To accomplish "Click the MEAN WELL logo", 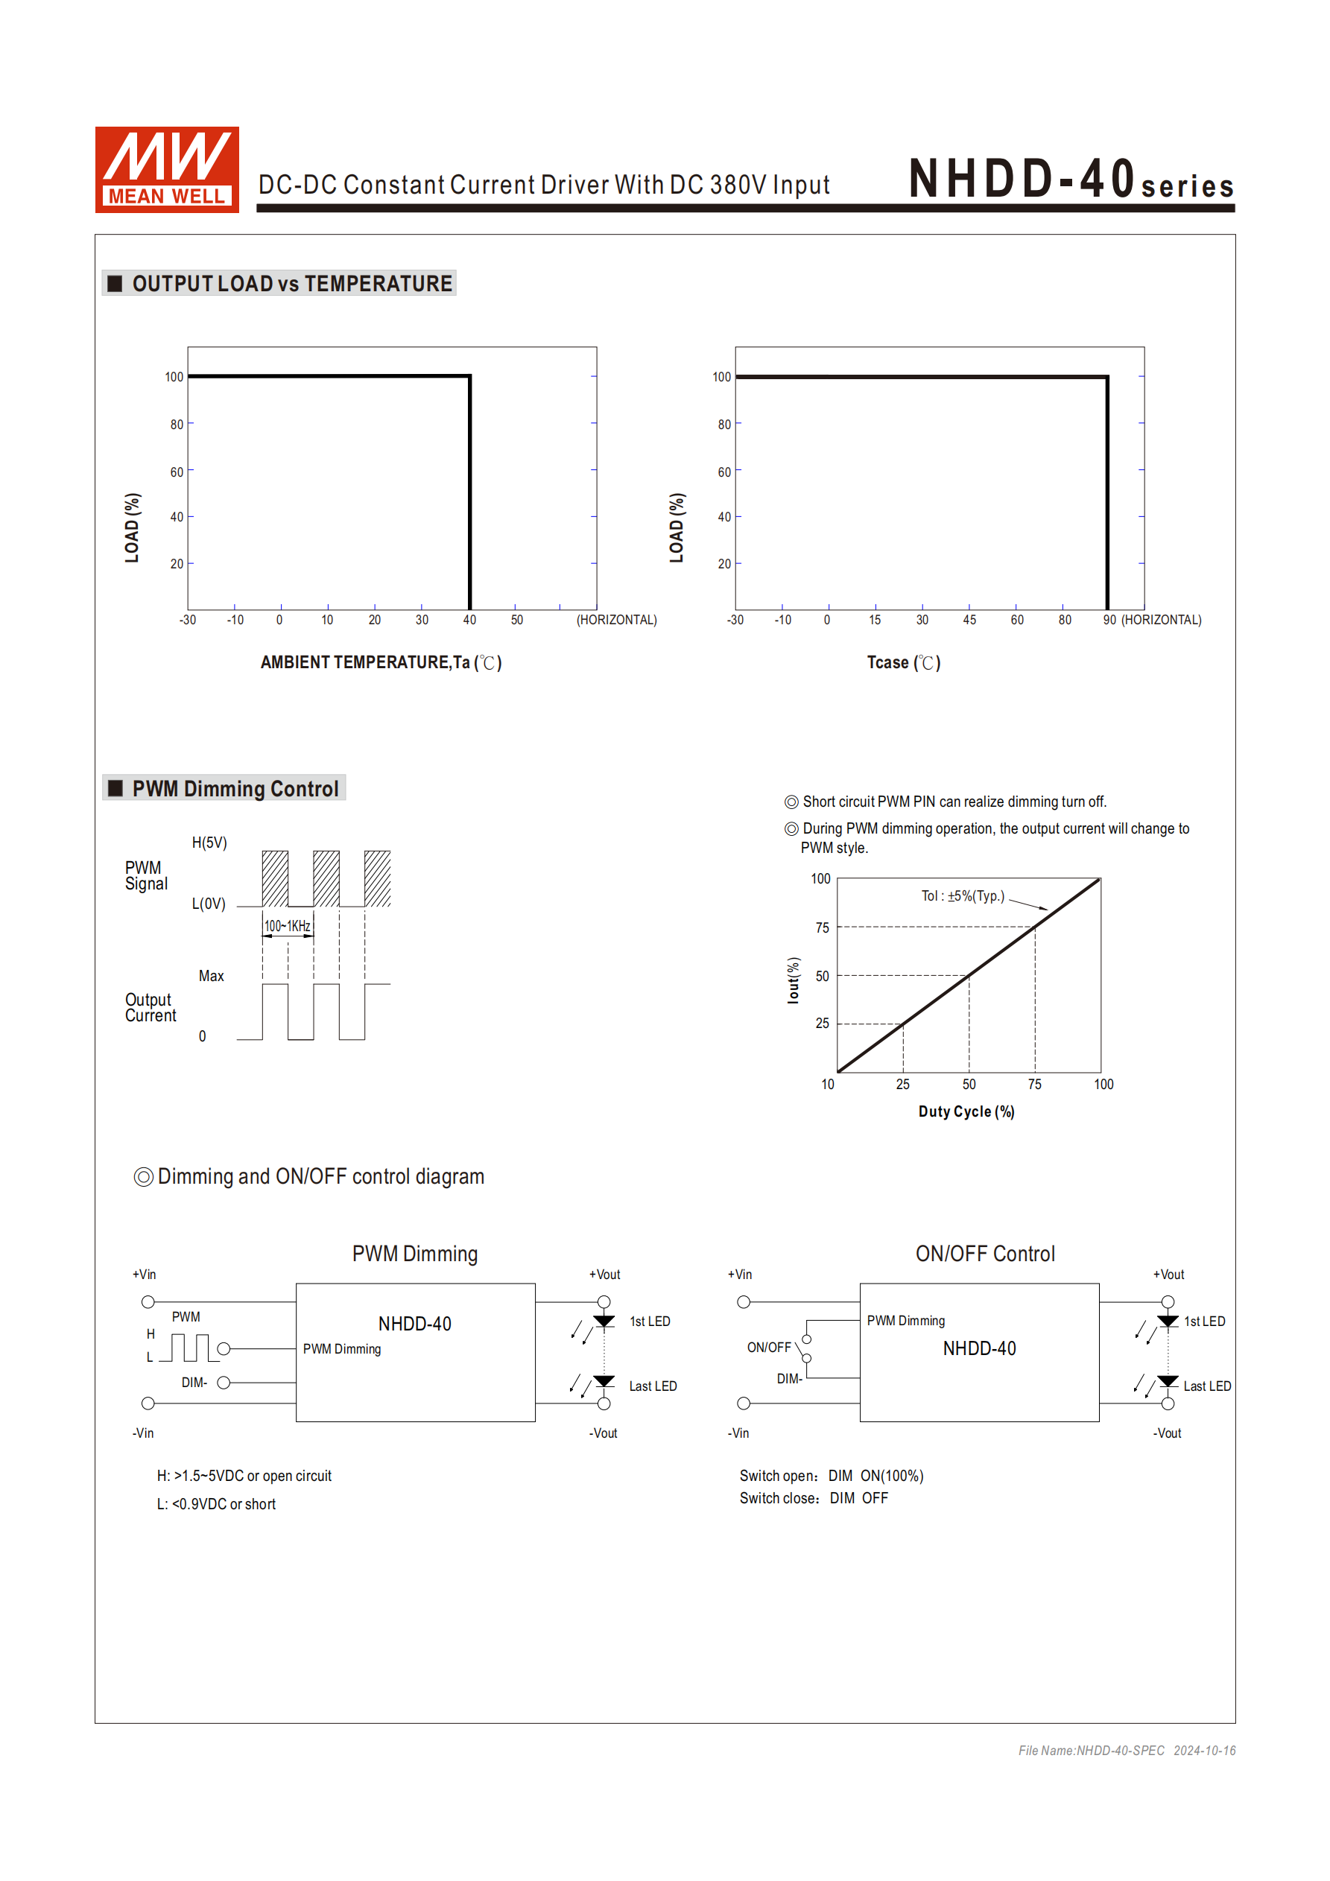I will point(166,170).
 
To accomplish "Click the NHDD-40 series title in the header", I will point(1070,180).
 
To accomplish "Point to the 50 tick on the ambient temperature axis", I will point(516,621).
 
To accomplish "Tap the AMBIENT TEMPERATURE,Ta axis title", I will point(380,663).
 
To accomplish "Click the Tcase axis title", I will point(903,663).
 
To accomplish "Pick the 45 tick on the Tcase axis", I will point(969,621).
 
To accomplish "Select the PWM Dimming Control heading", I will point(235,788).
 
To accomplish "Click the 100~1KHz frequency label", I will point(287,926).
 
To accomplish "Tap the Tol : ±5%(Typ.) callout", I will point(962,895).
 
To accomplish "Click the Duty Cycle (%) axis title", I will point(966,1111).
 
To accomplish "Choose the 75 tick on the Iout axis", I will point(822,927).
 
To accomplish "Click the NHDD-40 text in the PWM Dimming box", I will point(415,1324).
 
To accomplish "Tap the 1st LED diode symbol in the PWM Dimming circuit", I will point(604,1322).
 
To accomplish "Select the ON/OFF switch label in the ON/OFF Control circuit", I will point(769,1348).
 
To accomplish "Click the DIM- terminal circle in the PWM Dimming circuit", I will point(224,1383).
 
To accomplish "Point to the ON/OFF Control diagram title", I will point(985,1254).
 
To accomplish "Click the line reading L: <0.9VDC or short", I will point(216,1504).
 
